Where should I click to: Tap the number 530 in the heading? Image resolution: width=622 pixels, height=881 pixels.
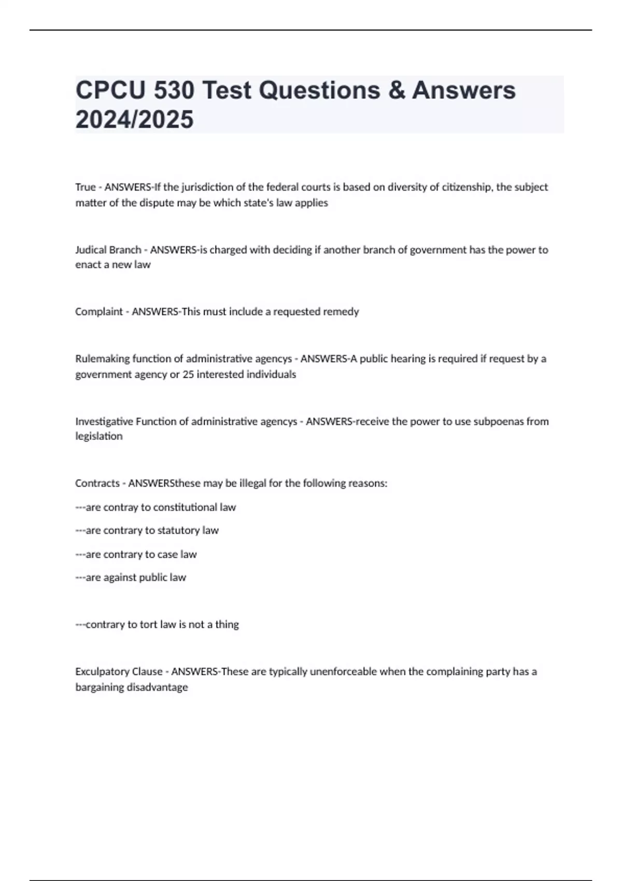(x=173, y=90)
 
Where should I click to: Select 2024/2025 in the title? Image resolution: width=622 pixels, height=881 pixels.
(x=134, y=119)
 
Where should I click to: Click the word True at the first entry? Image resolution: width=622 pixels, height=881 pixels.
(x=86, y=187)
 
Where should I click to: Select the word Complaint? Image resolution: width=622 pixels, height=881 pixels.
(x=99, y=311)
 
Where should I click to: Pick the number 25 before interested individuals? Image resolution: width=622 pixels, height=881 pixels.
(x=188, y=374)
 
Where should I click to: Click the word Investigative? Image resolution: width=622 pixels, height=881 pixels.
(x=104, y=421)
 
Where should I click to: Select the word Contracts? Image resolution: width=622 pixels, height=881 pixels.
(x=97, y=483)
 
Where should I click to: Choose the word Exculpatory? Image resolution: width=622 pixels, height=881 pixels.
(x=103, y=672)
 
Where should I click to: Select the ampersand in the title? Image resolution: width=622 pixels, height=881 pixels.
(x=396, y=90)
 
